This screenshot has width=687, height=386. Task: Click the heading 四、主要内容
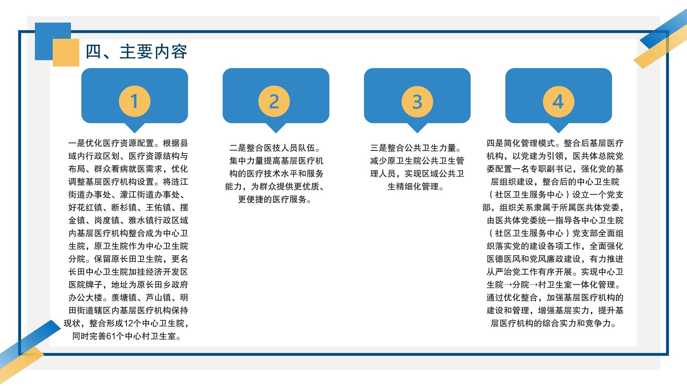pos(136,52)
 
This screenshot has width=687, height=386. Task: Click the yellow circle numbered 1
pos(135,101)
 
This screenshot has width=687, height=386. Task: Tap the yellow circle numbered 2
pos(274,101)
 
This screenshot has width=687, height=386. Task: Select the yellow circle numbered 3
pos(417,101)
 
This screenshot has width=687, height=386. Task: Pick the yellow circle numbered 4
pos(558,101)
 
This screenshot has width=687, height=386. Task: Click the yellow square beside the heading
pos(66,53)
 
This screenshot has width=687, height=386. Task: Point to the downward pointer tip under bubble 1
pos(135,133)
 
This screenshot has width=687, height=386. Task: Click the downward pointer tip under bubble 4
pos(558,133)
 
